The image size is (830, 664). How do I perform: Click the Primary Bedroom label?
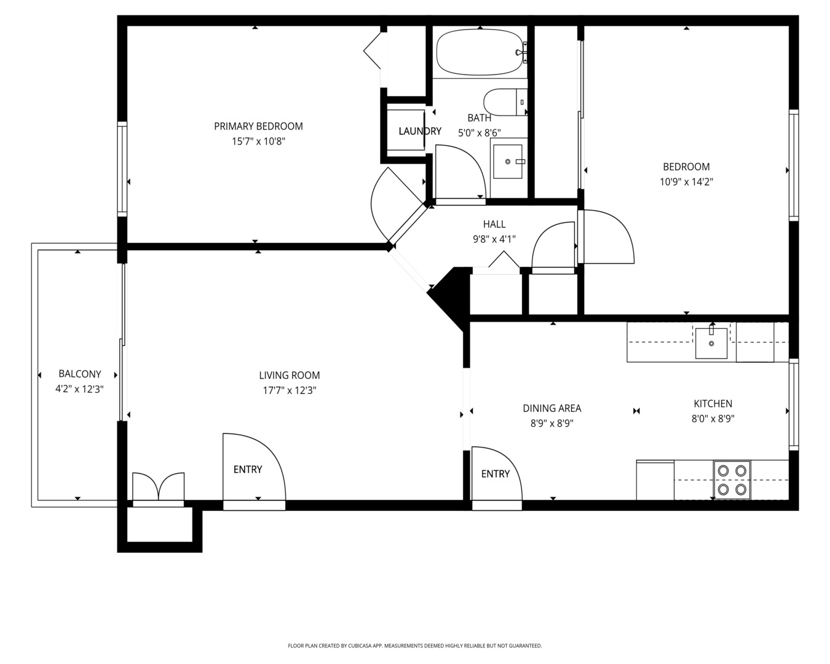pos(258,126)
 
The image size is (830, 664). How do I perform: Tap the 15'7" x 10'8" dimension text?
pos(258,141)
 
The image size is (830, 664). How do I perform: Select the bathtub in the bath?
pos(479,53)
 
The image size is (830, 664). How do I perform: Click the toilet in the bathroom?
pos(505,102)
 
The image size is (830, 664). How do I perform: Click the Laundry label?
pos(419,131)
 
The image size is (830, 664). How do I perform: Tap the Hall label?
pos(494,224)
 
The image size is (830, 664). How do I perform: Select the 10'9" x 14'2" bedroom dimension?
pos(686,182)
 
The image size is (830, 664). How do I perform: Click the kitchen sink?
pos(711,343)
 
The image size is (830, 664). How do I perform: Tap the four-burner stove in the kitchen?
pos(732,480)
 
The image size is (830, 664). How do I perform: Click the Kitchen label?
pos(713,404)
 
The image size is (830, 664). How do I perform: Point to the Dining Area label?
pos(551,408)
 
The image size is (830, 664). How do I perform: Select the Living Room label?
pos(289,375)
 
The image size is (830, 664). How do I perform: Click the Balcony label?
pos(79,374)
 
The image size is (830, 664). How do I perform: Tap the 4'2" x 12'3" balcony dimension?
pos(79,389)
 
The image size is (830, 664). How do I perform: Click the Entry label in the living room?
pos(248,469)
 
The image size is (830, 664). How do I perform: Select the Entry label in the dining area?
pos(495,473)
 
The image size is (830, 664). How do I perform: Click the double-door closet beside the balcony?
pos(159,489)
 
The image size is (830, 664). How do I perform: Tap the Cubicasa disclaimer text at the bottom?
pos(414,646)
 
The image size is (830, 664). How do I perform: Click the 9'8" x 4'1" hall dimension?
pos(494,239)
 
